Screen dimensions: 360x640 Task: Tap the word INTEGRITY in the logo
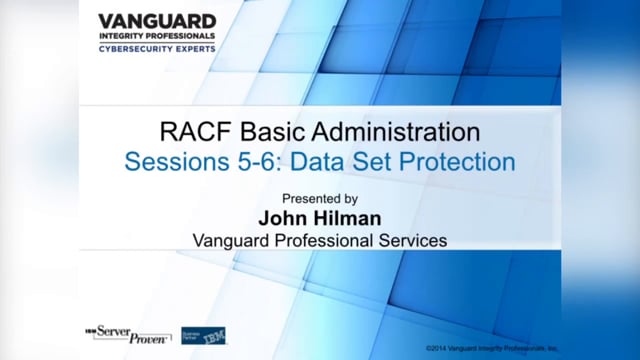[121, 35]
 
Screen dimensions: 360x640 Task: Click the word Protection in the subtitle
[455, 161]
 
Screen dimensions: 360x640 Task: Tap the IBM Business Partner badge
[203, 334]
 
